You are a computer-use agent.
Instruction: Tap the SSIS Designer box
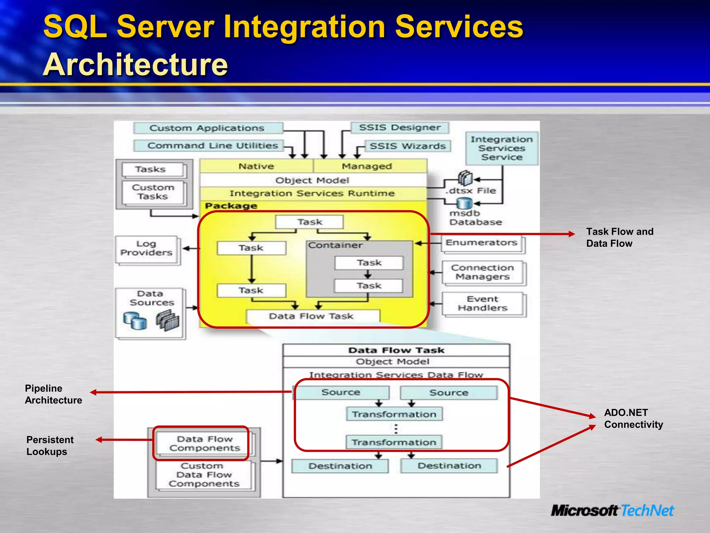coord(400,128)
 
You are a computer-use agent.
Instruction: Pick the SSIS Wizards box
coord(407,146)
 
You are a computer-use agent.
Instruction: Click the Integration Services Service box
coord(502,149)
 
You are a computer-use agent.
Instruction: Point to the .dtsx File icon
coord(465,178)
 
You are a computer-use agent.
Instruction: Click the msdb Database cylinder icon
coord(464,204)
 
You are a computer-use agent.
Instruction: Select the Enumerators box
coord(482,243)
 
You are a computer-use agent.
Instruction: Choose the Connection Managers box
coord(483,272)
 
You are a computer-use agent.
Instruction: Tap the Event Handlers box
coord(483,304)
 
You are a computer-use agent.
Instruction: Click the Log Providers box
coord(147,248)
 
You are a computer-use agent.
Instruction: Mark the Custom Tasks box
coord(153,192)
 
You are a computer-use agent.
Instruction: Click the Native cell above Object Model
coord(256,167)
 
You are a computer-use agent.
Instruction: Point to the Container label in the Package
coord(335,245)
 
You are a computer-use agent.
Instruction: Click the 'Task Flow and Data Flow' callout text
coord(620,238)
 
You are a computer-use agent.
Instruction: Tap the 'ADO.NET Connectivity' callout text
coord(633,418)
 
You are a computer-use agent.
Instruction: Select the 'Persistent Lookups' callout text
coord(50,446)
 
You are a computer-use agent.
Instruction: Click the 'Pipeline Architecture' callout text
coord(53,395)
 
